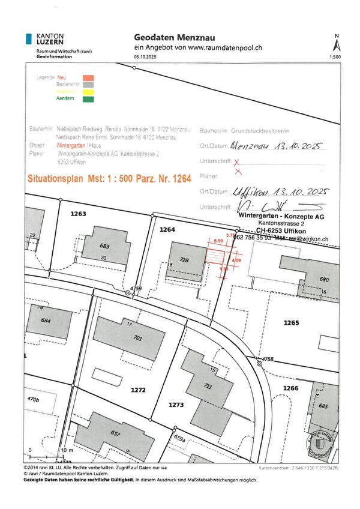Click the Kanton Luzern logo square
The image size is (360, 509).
(x=29, y=40)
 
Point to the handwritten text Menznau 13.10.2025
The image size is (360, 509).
(x=277, y=146)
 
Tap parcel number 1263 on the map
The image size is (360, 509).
(x=79, y=214)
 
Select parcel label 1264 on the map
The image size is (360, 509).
(x=167, y=229)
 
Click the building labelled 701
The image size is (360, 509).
(x=137, y=339)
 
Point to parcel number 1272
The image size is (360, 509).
(x=138, y=390)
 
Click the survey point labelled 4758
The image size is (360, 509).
(x=259, y=364)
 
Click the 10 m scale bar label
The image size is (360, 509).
(x=67, y=450)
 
